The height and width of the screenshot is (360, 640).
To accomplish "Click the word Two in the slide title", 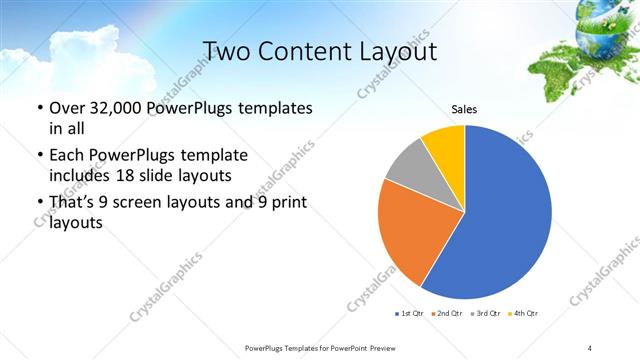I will coord(228,50).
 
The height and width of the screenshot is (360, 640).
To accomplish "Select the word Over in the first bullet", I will coord(67,107).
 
